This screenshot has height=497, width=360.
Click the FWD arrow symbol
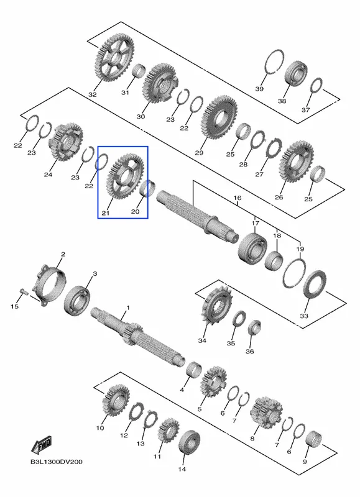[x=41, y=445]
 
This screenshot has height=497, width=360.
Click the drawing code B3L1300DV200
[x=56, y=462]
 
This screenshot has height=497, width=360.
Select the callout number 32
[x=92, y=94]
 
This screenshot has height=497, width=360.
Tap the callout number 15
[x=14, y=306]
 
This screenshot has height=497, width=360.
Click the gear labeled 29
[x=219, y=117]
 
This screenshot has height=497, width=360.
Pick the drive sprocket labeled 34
[x=217, y=305]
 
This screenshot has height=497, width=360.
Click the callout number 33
[x=304, y=316]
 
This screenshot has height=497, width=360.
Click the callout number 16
[x=238, y=198]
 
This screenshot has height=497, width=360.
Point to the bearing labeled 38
[x=296, y=73]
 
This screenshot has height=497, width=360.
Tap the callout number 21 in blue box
[x=105, y=213]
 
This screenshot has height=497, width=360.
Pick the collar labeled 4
[x=193, y=369]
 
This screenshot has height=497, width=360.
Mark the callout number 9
[x=305, y=462]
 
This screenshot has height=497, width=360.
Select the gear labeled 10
[x=115, y=400]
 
